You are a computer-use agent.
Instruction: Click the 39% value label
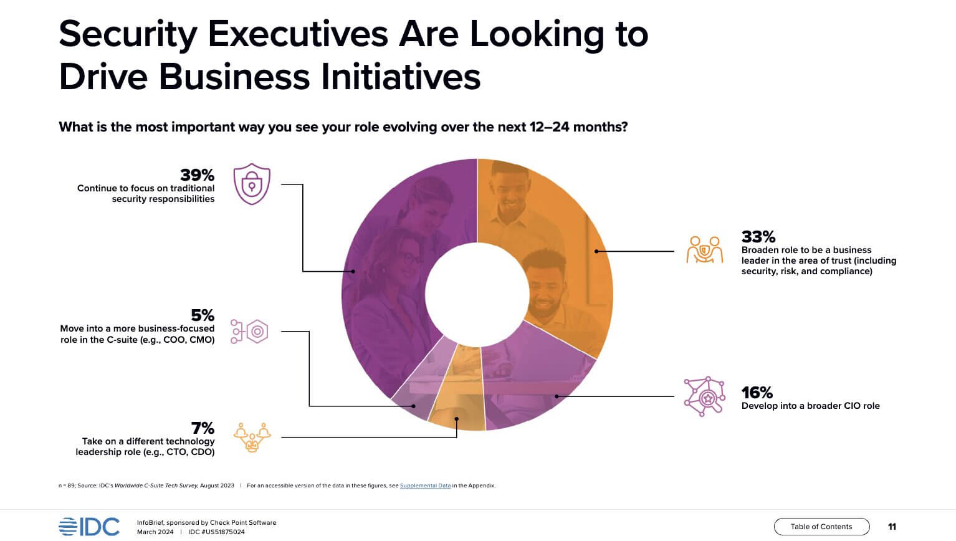[197, 175]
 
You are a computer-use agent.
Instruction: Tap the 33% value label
[758, 237]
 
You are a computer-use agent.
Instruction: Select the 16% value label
[757, 393]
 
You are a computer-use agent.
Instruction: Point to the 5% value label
[203, 315]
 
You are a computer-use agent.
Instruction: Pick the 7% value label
[203, 428]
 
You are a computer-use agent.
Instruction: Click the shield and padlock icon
[252, 184]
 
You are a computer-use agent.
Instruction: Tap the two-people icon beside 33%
[705, 250]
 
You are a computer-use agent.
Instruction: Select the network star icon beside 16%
[705, 396]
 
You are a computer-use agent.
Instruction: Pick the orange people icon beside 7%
[252, 437]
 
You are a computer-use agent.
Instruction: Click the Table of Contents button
[821, 527]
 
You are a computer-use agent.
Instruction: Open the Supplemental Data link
[425, 486]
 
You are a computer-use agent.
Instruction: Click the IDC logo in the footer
[89, 527]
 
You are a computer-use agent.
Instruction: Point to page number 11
[892, 527]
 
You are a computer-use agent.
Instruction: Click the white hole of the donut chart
[477, 293]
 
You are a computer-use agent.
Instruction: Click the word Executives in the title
[299, 34]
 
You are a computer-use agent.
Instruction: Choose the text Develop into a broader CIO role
[810, 406]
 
